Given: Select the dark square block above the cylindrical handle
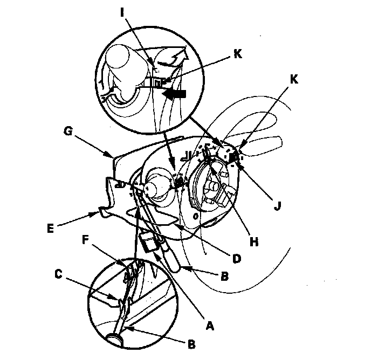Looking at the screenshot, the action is pos(147,241).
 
